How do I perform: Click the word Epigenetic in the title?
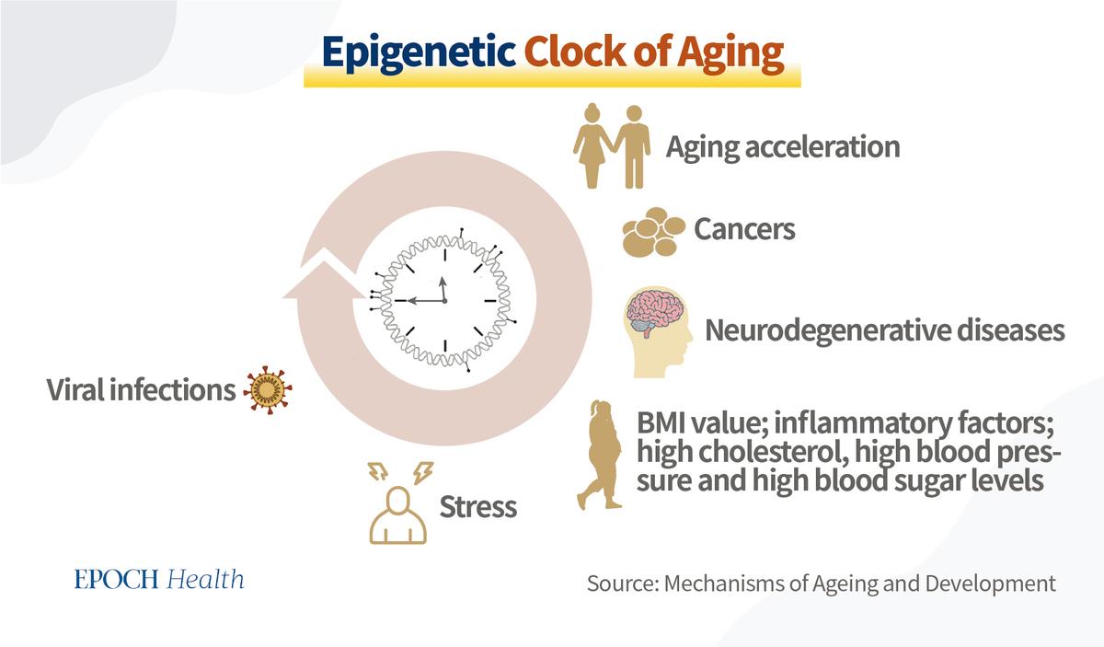[419, 53]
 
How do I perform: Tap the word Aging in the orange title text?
[730, 53]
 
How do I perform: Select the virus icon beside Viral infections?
[268, 390]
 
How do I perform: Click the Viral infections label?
[141, 390]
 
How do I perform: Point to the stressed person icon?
[398, 503]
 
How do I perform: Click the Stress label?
[478, 507]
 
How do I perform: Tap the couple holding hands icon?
[612, 146]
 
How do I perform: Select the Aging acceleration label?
[783, 147]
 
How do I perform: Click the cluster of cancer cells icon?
[653, 232]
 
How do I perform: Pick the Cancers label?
[744, 229]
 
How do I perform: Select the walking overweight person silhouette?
[600, 455]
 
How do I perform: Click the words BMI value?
[702, 423]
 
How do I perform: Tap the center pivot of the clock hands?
[444, 300]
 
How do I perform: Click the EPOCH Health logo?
[159, 579]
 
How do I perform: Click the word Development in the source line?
[991, 584]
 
